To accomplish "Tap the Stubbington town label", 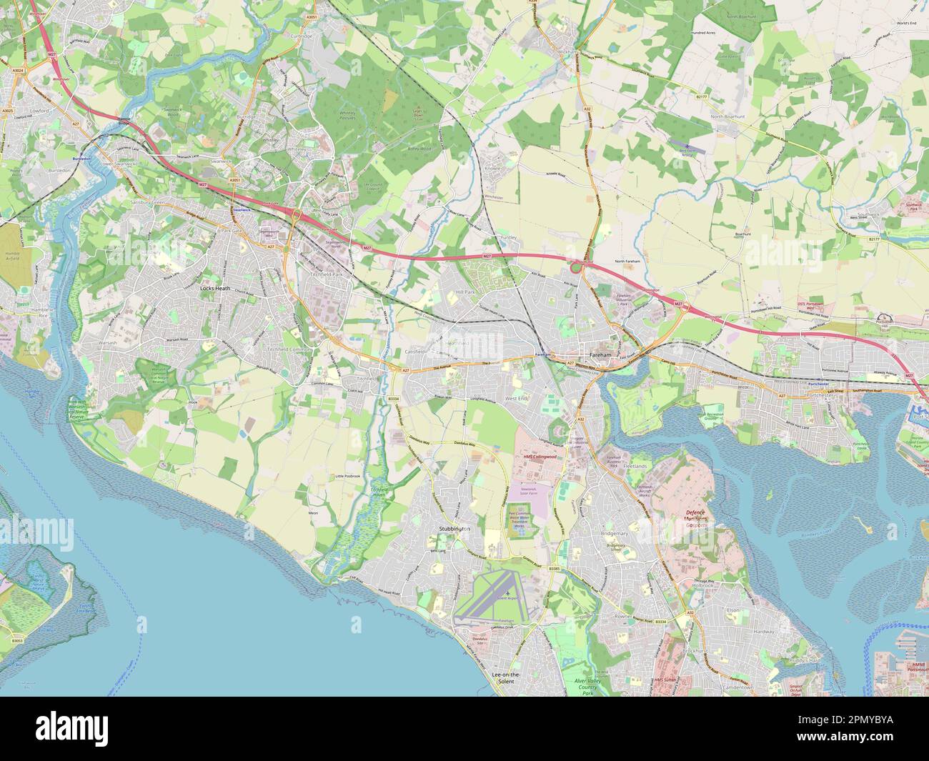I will coord(453,529).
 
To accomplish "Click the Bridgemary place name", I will coord(615,534).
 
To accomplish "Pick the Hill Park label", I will coord(465,292).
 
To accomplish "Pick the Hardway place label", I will coord(764,632).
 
